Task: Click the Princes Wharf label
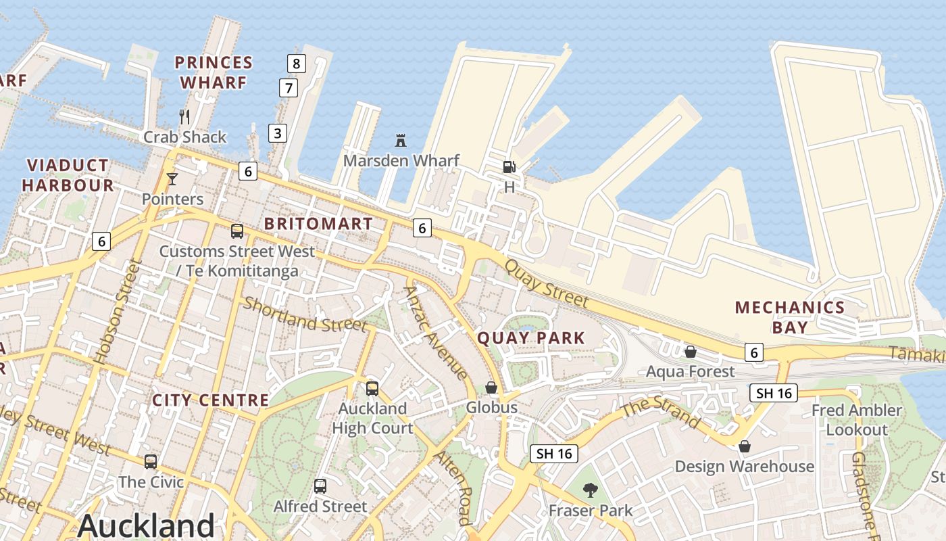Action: click(x=214, y=72)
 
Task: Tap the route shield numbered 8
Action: click(x=296, y=64)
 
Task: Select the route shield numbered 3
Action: click(x=278, y=133)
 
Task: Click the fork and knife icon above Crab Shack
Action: click(x=184, y=117)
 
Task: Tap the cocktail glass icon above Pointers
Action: click(x=172, y=179)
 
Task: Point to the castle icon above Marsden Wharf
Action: click(x=401, y=141)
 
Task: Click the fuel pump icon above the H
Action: click(x=509, y=166)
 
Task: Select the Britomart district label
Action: click(x=318, y=224)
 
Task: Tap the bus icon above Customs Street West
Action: click(x=237, y=231)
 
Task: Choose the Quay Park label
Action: click(x=531, y=337)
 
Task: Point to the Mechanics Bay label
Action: click(x=790, y=317)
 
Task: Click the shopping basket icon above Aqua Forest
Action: click(x=691, y=352)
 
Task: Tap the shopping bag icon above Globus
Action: click(x=491, y=387)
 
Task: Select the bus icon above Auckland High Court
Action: click(x=372, y=389)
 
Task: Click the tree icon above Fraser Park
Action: click(x=591, y=490)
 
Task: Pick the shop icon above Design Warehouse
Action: click(x=744, y=446)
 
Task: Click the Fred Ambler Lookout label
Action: click(x=857, y=420)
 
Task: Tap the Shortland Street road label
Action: click(x=305, y=314)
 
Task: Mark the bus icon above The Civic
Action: click(x=151, y=462)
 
